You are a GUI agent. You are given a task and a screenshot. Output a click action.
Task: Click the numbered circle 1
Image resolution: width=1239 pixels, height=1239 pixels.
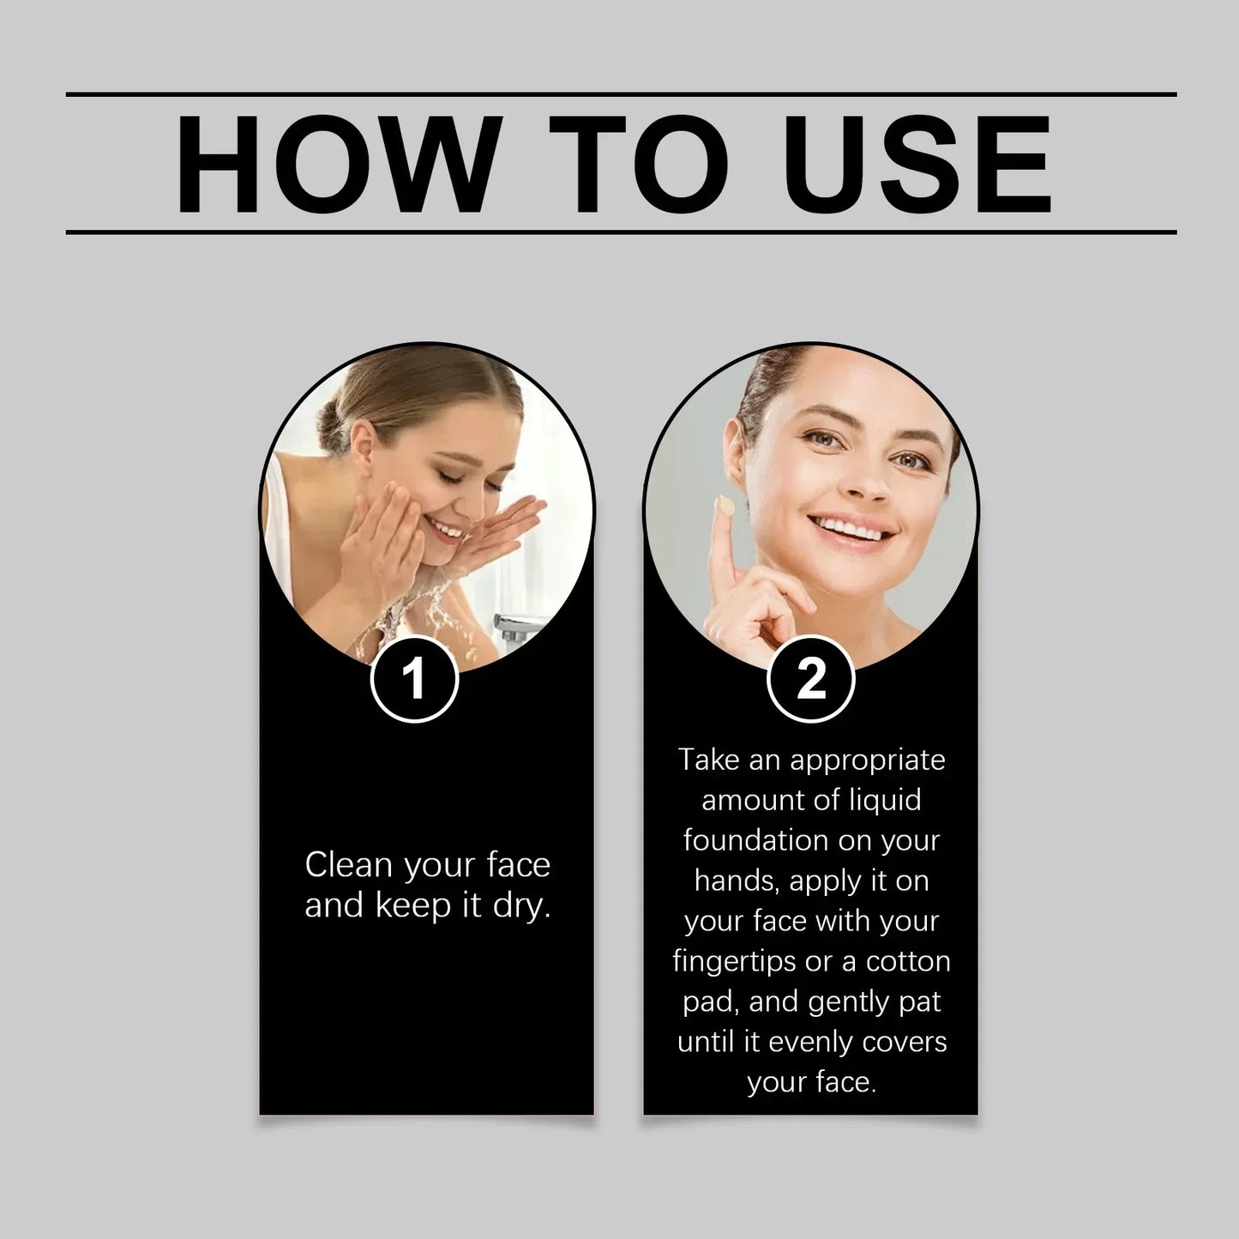click(x=414, y=679)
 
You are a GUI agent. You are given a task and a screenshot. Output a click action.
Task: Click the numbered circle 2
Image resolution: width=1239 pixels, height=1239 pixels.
click(x=810, y=679)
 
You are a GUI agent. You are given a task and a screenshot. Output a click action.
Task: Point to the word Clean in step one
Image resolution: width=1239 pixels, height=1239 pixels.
click(x=348, y=865)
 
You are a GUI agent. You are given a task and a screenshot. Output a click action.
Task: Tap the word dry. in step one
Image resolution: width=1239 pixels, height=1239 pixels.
click(x=520, y=906)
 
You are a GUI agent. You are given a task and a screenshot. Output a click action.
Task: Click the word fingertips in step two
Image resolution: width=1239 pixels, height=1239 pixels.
click(x=733, y=962)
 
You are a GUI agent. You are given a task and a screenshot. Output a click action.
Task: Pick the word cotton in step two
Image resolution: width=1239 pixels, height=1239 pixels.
click(x=908, y=961)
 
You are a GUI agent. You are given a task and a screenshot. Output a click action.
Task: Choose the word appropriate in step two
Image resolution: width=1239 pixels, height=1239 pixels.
click(x=867, y=761)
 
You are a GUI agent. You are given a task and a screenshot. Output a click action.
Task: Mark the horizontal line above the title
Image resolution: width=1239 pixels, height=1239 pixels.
click(x=621, y=93)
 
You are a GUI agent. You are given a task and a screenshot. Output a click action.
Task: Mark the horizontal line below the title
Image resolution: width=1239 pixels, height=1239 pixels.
click(x=621, y=232)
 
